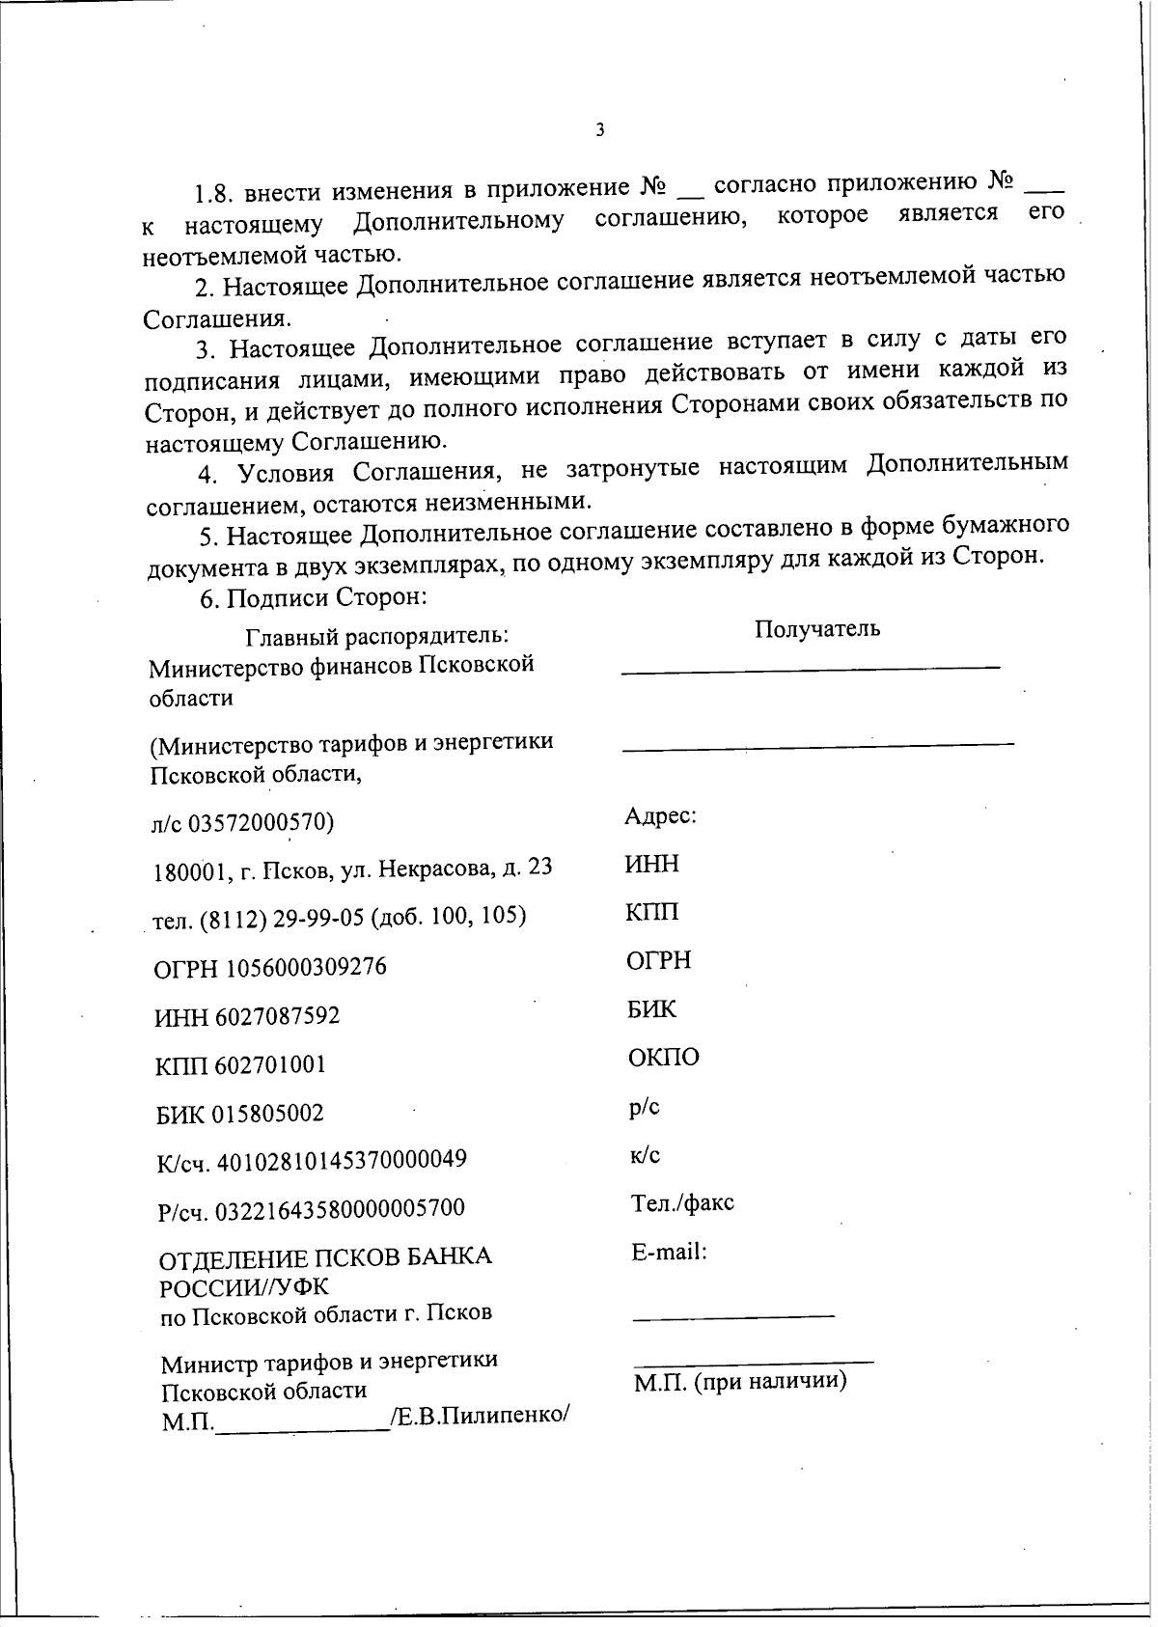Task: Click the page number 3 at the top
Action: coord(599,130)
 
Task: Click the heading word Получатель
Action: coord(817,629)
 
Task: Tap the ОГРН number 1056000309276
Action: coord(306,967)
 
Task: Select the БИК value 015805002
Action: coord(267,1114)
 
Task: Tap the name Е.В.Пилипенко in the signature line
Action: coord(479,1418)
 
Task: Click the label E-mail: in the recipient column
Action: coord(669,1253)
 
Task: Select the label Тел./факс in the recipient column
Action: coord(681,1203)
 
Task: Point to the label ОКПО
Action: coord(663,1058)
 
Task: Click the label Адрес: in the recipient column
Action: coord(660,816)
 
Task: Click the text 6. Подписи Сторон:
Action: coord(313,597)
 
